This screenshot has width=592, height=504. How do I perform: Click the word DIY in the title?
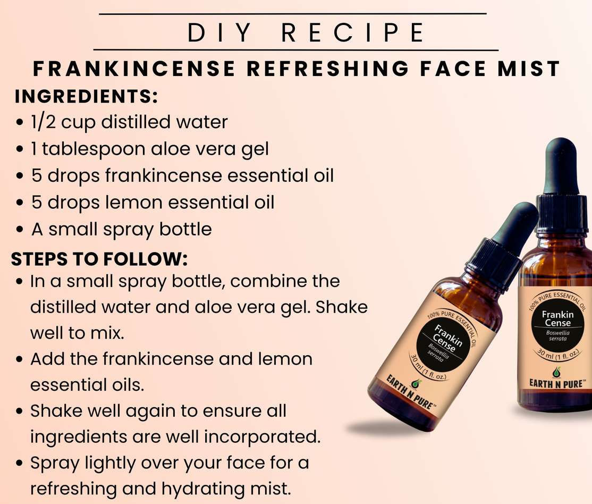[219, 32]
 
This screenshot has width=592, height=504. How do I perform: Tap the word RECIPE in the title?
[353, 32]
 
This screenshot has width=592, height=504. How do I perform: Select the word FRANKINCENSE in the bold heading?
[134, 69]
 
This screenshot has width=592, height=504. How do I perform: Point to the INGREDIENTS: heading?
[86, 96]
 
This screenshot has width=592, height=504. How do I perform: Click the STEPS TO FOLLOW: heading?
[99, 259]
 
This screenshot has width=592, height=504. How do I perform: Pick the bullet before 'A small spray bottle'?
[20, 230]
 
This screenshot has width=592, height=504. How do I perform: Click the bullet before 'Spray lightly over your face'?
[20, 464]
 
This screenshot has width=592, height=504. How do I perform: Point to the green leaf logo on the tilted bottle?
[416, 383]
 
